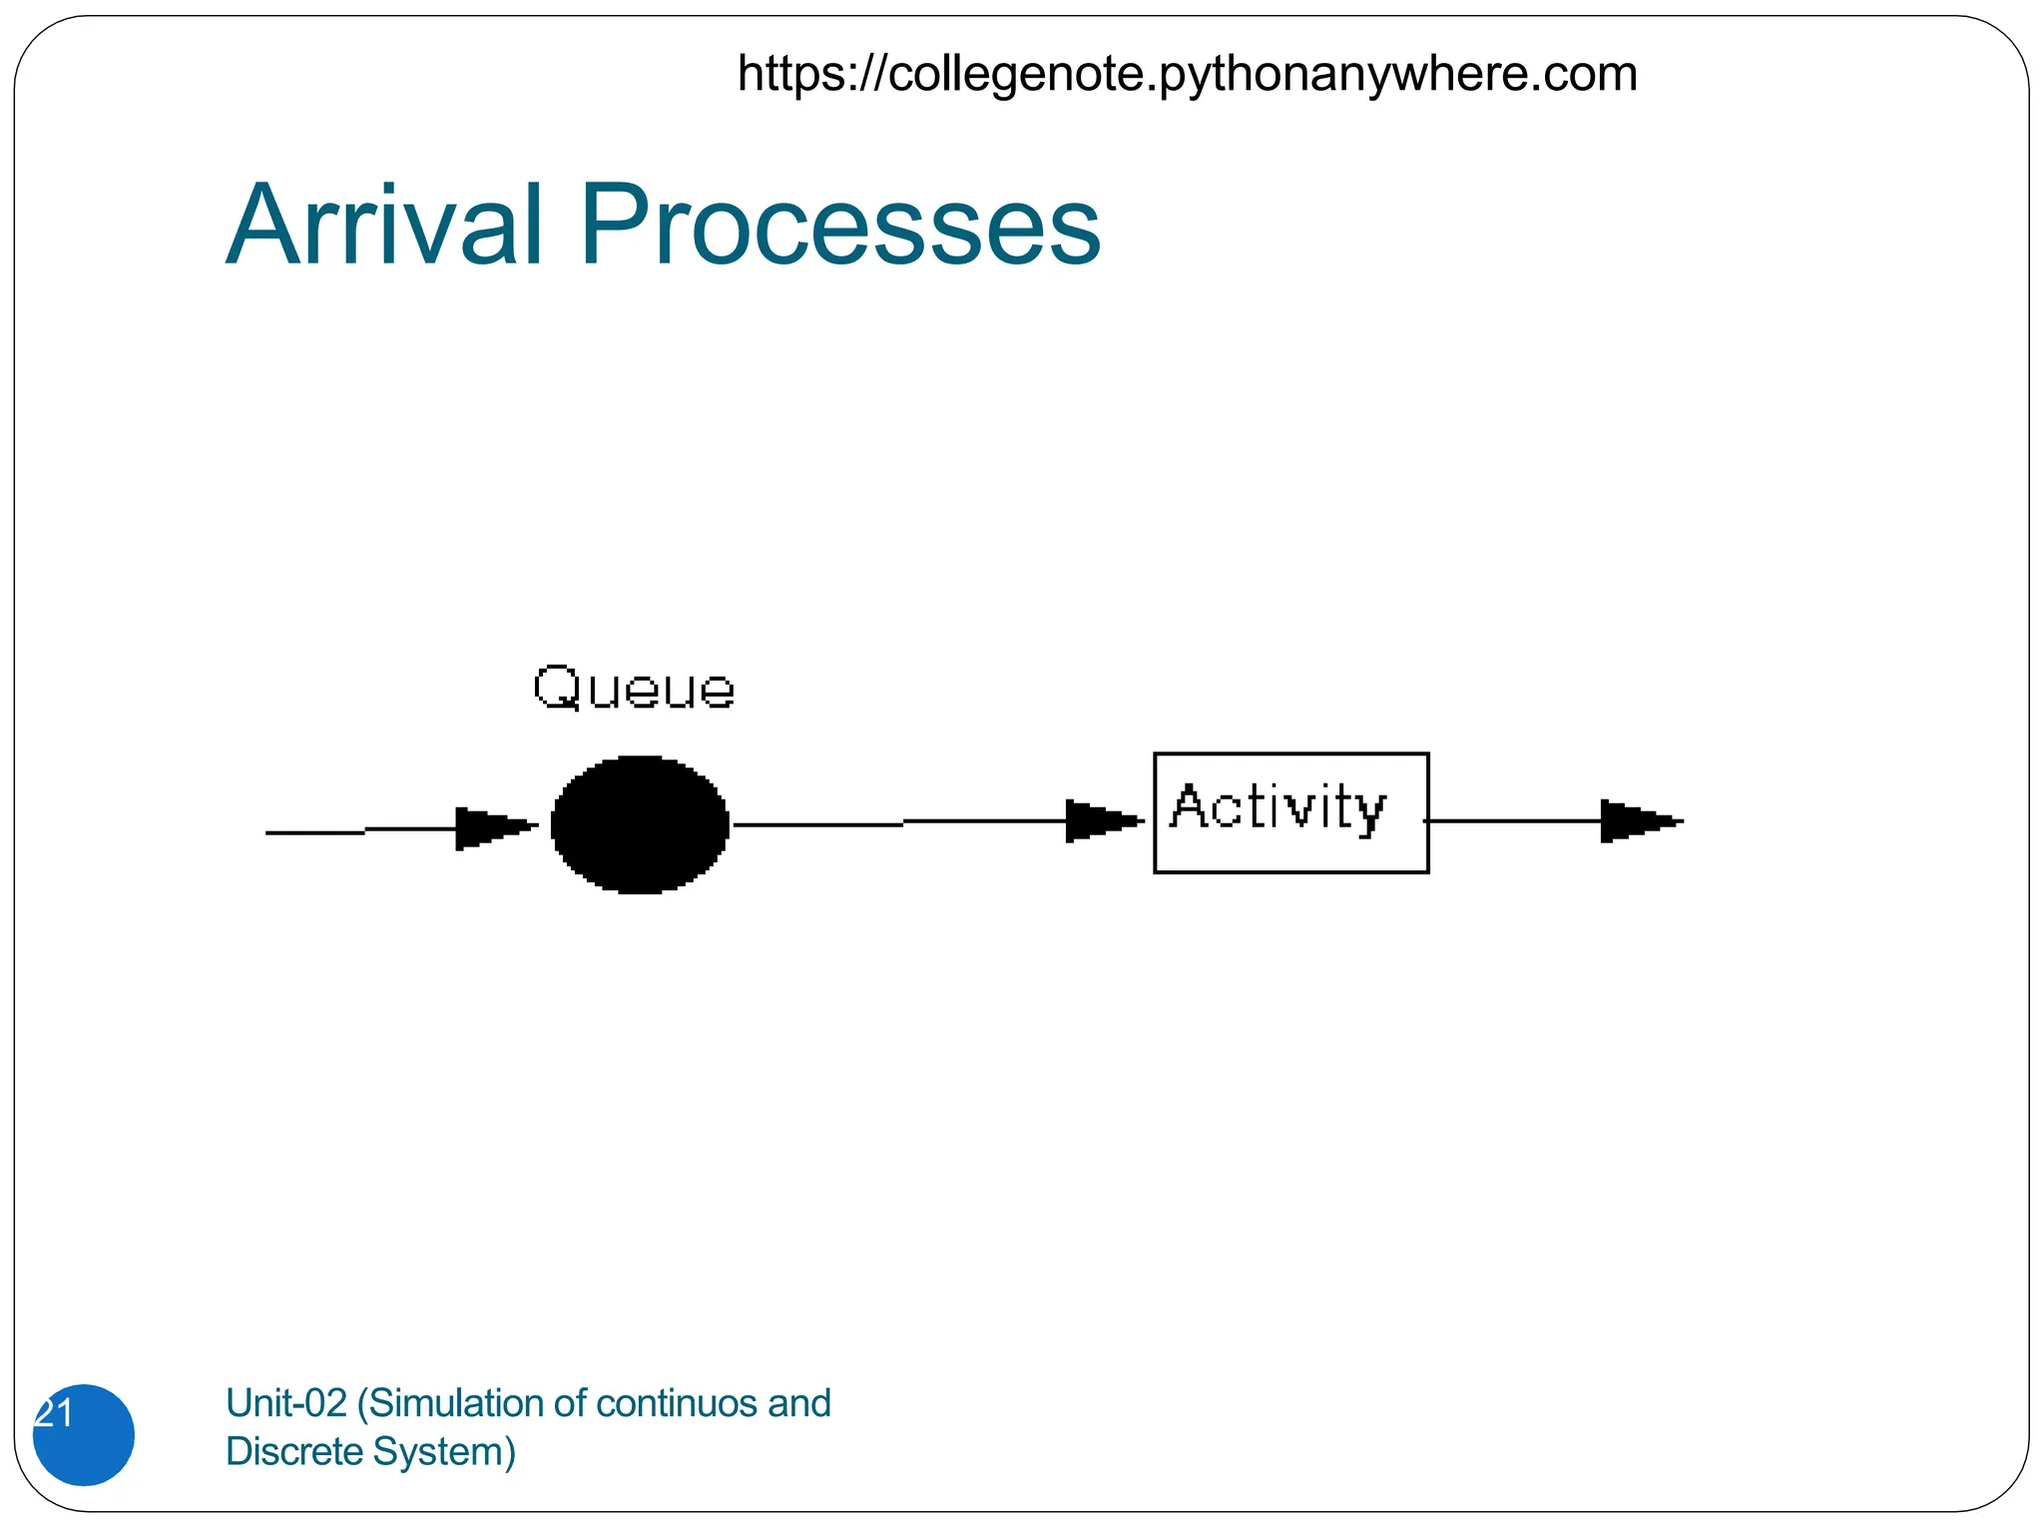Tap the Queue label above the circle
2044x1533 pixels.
(634, 688)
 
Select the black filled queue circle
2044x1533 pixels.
(640, 824)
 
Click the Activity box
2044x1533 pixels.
(1290, 812)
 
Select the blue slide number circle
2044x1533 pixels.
(84, 1435)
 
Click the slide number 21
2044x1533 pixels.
(55, 1414)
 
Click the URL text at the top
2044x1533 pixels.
(1187, 74)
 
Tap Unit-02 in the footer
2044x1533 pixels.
(285, 1403)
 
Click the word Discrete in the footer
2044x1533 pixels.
(294, 1451)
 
